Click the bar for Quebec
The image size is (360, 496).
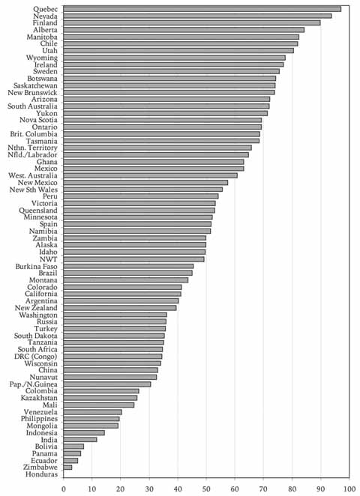[x=202, y=9]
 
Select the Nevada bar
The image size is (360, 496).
[x=197, y=16]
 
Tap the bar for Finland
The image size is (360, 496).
[x=192, y=22]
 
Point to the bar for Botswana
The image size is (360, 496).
[x=169, y=78]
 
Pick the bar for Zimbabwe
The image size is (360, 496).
[x=67, y=468]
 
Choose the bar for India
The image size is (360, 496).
[x=80, y=440]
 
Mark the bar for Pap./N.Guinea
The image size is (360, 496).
[x=107, y=384]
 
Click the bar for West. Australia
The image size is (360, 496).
[x=151, y=175]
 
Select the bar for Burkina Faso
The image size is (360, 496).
[x=128, y=266]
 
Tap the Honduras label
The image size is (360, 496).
[x=42, y=474]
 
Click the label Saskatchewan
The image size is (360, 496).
[x=35, y=85]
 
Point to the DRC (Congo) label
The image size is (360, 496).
[x=36, y=357]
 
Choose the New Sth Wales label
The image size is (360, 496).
[x=34, y=190]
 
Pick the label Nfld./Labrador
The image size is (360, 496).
[x=32, y=154]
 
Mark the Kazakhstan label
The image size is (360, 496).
[x=39, y=398]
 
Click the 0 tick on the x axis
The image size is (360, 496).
[x=64, y=489]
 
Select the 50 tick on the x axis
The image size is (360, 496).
[x=206, y=489]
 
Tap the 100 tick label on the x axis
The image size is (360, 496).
[x=349, y=489]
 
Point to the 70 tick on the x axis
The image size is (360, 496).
[x=263, y=489]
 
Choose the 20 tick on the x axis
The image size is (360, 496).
[x=121, y=489]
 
